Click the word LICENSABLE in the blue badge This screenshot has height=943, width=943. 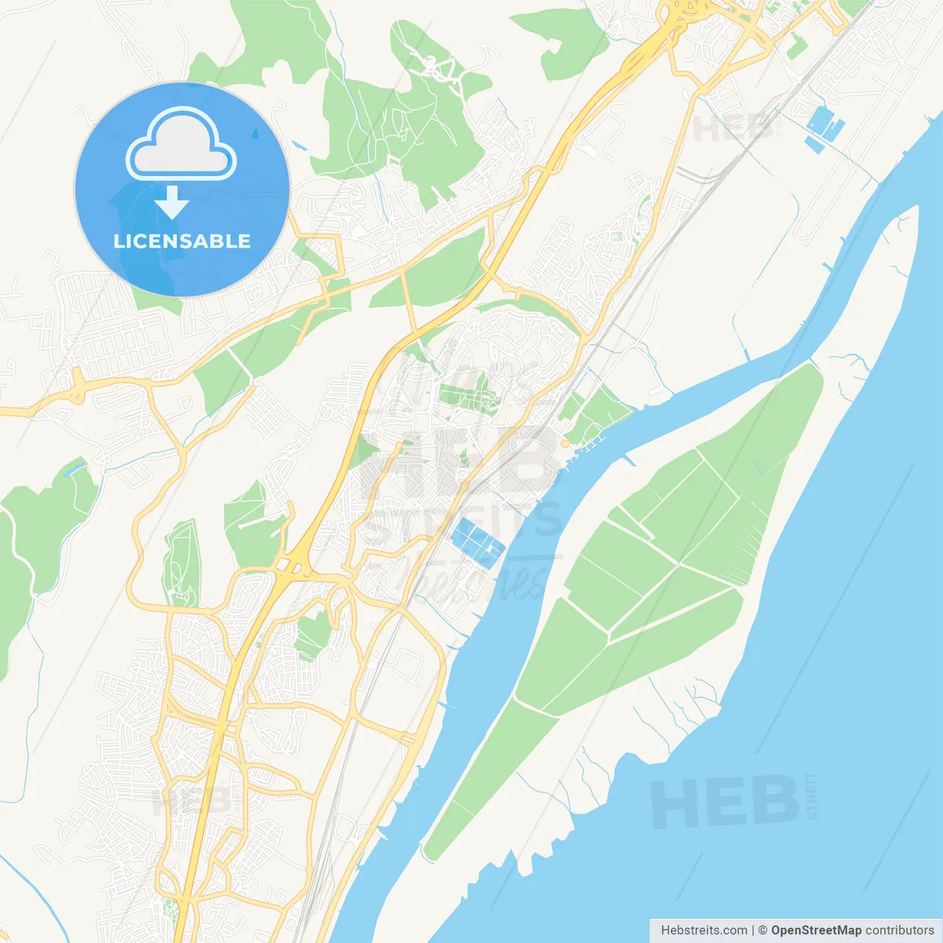point(181,241)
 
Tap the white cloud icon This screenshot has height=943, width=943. point(181,146)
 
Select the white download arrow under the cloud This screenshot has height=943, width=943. point(172,203)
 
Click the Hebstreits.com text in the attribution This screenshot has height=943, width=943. point(704,930)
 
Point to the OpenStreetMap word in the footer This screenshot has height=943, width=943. point(816,930)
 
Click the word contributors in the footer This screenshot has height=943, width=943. point(900,930)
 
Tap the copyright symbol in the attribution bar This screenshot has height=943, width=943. point(763,930)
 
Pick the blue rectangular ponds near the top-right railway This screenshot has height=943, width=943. point(824,128)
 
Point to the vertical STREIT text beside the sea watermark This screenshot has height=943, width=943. point(811,796)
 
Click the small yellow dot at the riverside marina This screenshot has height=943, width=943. point(565,444)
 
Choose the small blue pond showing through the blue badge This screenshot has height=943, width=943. point(255,134)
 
